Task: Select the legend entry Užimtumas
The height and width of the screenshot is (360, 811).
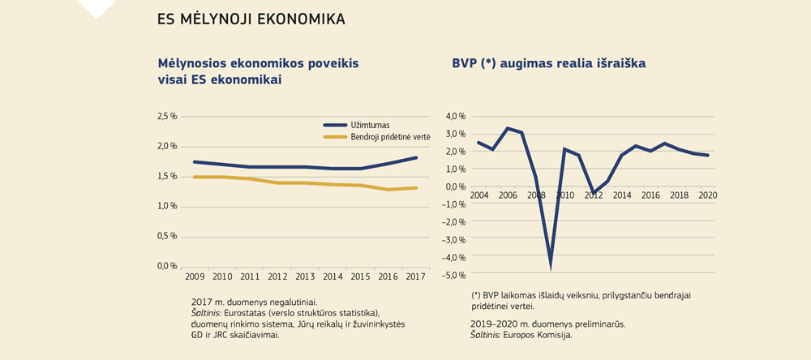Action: tap(371, 125)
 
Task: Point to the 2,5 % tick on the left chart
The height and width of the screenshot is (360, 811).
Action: tap(167, 117)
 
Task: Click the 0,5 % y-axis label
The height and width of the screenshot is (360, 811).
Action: tap(167, 236)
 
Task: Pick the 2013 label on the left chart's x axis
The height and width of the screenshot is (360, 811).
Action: tap(306, 277)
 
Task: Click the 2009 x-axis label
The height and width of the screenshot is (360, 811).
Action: tap(195, 277)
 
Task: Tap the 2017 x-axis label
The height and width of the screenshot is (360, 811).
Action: tap(417, 277)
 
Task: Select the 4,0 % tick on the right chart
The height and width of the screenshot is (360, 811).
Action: tap(456, 116)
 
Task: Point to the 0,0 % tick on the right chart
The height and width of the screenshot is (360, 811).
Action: tap(456, 186)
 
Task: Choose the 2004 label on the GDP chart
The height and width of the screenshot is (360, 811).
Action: tap(478, 195)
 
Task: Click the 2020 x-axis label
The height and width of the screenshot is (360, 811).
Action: tap(708, 195)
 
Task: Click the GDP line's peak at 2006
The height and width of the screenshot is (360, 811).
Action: tap(508, 128)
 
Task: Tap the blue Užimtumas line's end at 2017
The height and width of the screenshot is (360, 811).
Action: tap(417, 157)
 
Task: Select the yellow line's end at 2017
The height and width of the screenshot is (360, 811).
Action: tap(417, 188)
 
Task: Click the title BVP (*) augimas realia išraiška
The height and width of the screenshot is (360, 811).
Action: tap(548, 62)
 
